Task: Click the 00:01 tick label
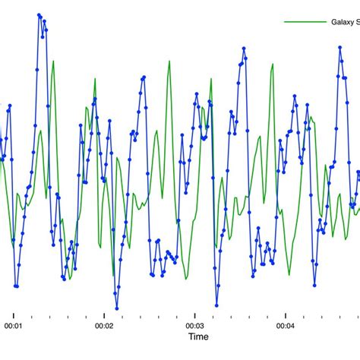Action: coord(14,326)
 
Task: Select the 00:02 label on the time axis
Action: coord(105,326)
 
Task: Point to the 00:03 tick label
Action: coord(195,326)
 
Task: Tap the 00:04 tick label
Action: coord(285,326)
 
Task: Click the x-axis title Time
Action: coord(198,336)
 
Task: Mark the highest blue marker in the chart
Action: coord(39,14)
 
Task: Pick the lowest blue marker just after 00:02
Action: coord(117,308)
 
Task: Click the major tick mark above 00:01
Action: coord(14,314)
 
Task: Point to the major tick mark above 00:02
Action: coord(105,314)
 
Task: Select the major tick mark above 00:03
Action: coord(195,314)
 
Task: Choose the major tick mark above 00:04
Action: coord(285,314)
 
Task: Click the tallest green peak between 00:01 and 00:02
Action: coord(53,62)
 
